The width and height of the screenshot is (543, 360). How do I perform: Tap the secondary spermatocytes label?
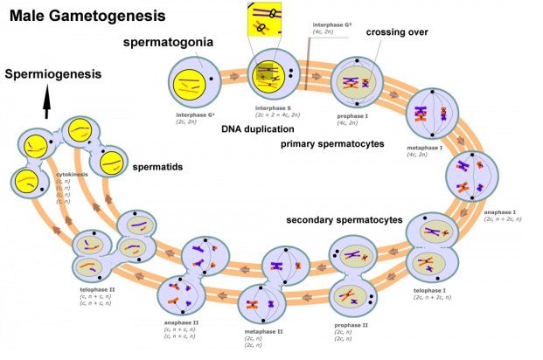(x=345, y=219)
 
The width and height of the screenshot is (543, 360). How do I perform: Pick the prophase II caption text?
(x=352, y=324)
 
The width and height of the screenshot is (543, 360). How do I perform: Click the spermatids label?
(x=157, y=165)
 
